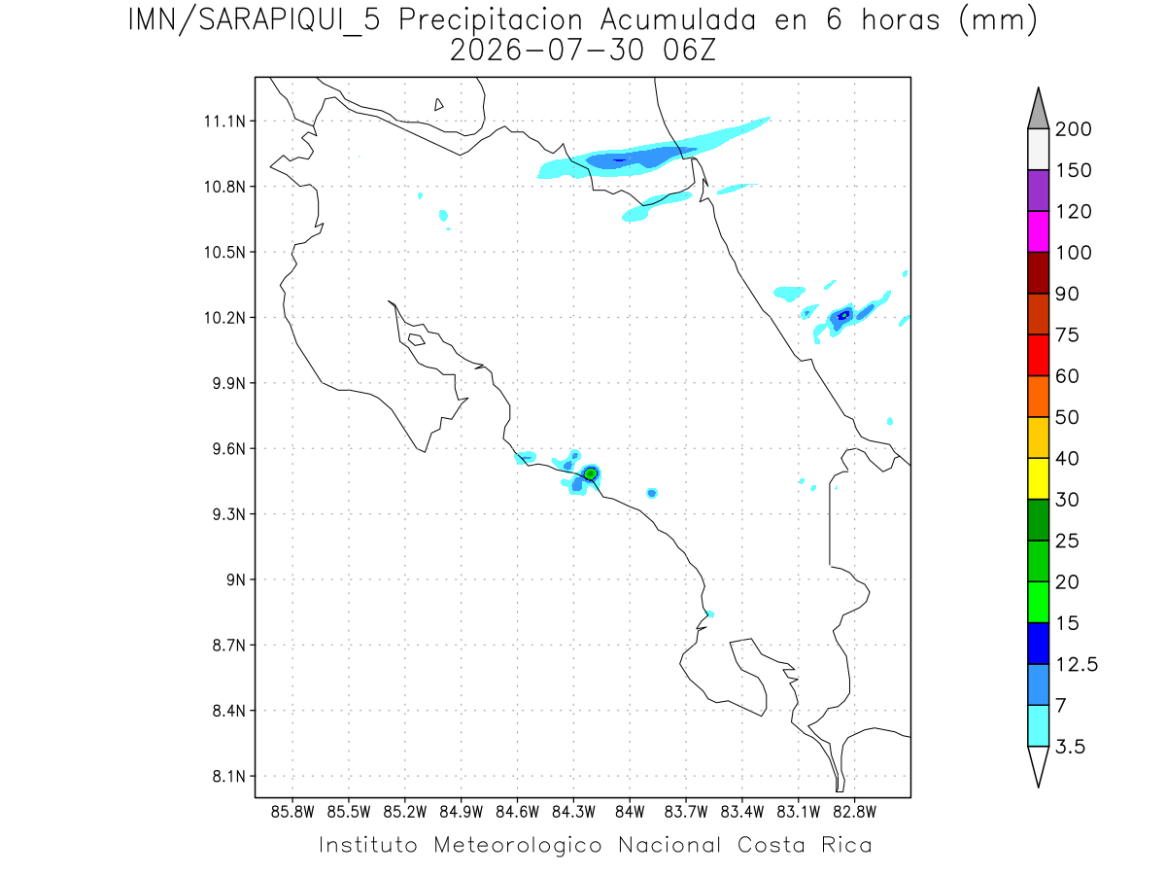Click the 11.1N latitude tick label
(x=224, y=122)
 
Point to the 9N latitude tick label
(x=236, y=579)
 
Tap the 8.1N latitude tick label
(x=229, y=776)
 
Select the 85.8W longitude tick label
(x=292, y=813)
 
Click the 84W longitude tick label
(x=630, y=813)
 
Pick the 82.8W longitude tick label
(x=854, y=813)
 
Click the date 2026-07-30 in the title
(x=547, y=51)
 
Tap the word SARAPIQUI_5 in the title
(x=290, y=21)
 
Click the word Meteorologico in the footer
(x=517, y=846)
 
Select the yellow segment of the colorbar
(x=1038, y=478)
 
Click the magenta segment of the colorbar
(x=1038, y=231)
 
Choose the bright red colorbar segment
(x=1038, y=355)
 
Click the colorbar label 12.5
(x=1077, y=665)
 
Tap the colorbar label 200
(x=1073, y=129)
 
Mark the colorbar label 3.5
(x=1070, y=747)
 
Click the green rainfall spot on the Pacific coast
(x=591, y=473)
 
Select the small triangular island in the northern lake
(x=438, y=105)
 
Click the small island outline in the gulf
(x=417, y=339)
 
